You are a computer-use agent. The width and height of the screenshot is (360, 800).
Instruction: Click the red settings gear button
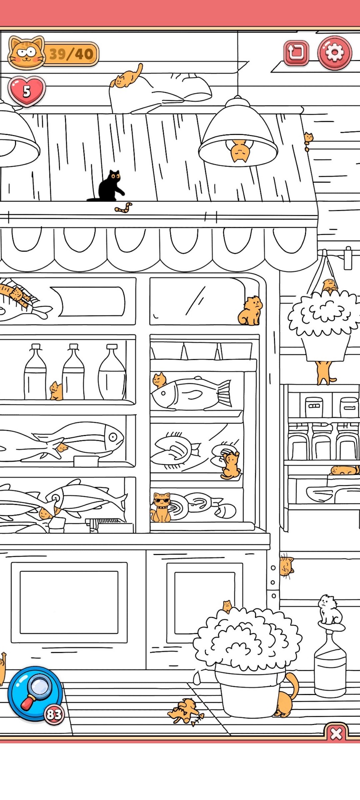(335, 53)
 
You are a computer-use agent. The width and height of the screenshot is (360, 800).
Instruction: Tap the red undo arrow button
(296, 53)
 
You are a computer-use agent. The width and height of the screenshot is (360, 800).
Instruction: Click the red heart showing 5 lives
(27, 91)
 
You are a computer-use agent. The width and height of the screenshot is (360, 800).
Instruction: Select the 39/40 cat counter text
(71, 54)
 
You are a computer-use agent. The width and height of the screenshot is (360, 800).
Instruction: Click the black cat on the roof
(107, 186)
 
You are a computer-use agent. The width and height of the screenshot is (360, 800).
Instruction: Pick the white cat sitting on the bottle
(330, 610)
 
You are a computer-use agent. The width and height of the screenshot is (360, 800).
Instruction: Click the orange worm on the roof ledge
(123, 207)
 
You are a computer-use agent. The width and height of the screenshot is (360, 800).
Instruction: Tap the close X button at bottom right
(336, 734)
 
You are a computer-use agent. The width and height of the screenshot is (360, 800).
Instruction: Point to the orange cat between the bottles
(56, 391)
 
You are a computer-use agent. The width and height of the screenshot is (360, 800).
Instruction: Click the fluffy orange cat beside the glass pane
(250, 310)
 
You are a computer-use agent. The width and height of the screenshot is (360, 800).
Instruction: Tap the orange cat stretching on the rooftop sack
(127, 76)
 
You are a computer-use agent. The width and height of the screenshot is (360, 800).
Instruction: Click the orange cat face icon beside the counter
(27, 53)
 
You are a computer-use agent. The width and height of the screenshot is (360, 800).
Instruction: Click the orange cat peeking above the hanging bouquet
(330, 285)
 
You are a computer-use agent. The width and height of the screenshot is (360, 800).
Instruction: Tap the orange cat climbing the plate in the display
(230, 465)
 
